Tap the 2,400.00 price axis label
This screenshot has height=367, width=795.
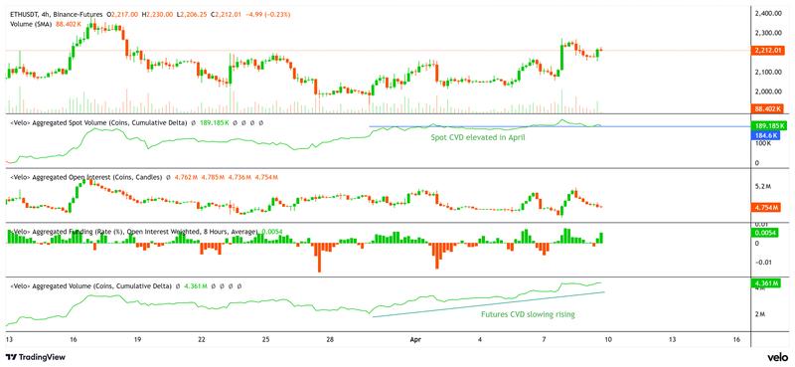click(770, 13)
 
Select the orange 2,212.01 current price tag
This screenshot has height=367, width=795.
click(770, 50)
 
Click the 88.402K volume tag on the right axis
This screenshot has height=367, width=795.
click(770, 107)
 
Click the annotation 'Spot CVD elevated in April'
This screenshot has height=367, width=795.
click(477, 137)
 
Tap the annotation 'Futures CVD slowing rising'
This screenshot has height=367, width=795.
click(528, 313)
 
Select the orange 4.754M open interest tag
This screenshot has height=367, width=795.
click(768, 207)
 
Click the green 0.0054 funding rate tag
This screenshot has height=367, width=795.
click(768, 232)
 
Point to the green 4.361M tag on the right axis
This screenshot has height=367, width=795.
click(768, 284)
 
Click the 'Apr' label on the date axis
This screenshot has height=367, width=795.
click(416, 339)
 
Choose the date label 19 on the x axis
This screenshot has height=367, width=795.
click(137, 339)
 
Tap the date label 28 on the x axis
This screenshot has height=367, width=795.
click(329, 339)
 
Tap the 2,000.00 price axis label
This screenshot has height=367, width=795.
click(770, 92)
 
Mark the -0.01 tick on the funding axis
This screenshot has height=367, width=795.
click(765, 262)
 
